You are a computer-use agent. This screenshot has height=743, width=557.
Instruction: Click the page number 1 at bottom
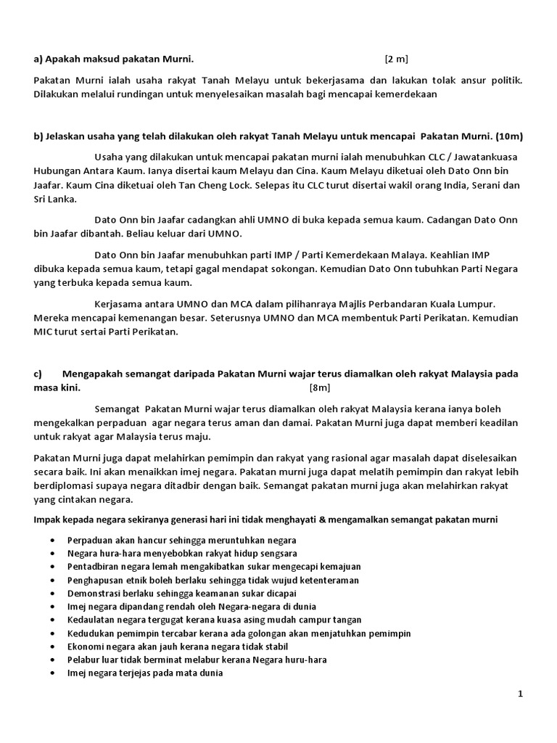[x=520, y=694]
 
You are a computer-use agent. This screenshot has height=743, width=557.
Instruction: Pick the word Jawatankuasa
[x=484, y=157]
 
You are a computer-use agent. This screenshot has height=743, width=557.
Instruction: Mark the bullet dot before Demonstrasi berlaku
[x=54, y=593]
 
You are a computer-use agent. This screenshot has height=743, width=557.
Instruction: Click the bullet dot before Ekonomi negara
[x=54, y=646]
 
